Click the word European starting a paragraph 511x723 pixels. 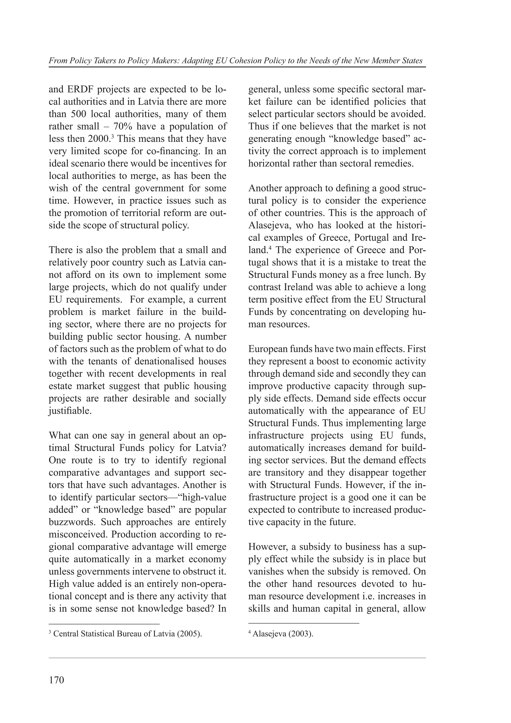pyautogui.click(x=267, y=349)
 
